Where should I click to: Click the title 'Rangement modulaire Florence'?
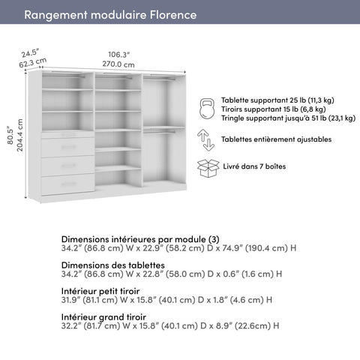coord(110,15)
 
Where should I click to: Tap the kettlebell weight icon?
coord(207,109)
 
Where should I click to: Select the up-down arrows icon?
coord(205,139)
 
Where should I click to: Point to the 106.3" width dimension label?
coord(118,54)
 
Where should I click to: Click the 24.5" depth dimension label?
coord(29,53)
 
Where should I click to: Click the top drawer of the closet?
coord(67,146)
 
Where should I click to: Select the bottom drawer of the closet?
coord(67,184)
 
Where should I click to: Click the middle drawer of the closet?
coord(67,165)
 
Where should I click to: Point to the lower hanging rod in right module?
coord(164,130)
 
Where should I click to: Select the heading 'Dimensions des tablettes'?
coord(112,265)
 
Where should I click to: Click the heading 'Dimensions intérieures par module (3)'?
coord(140,238)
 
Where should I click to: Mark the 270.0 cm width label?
coord(118,64)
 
